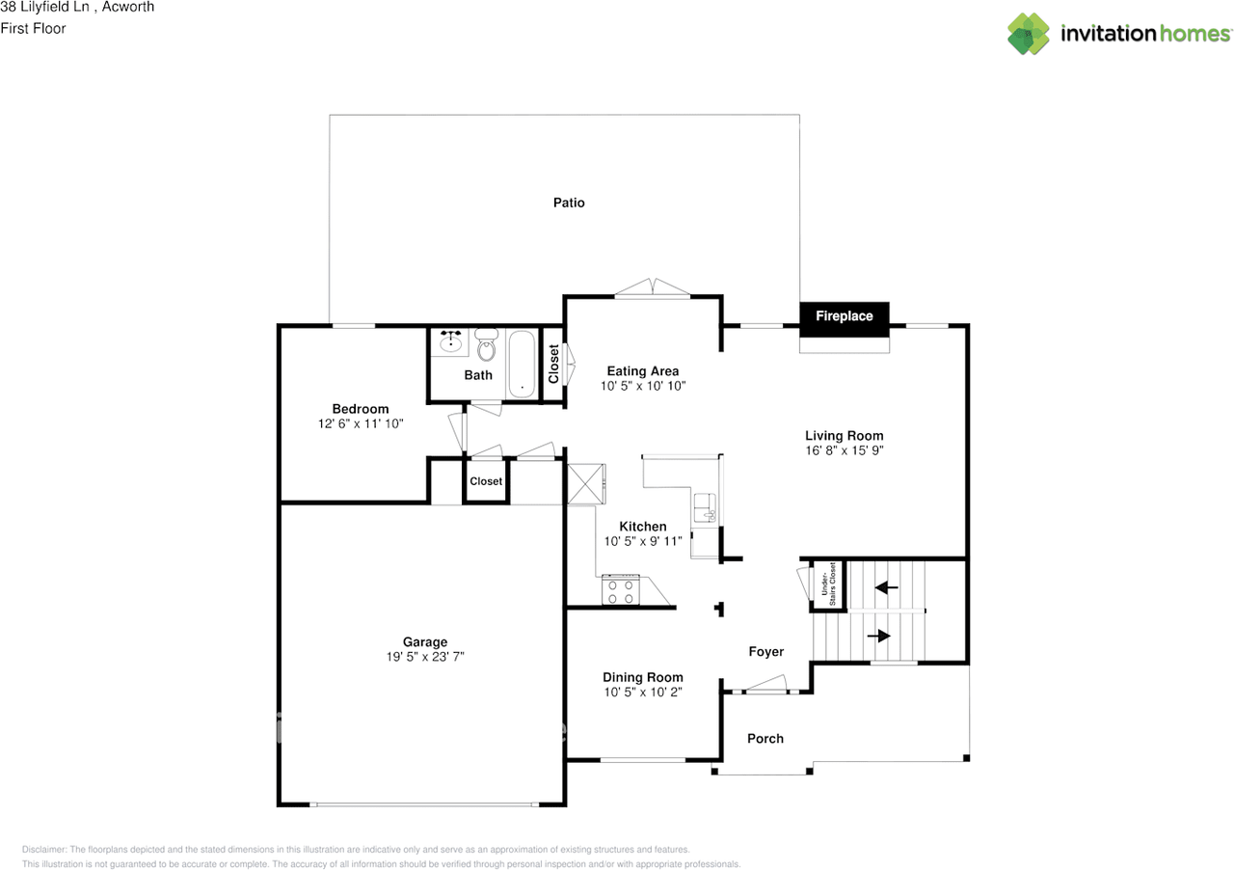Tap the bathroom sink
(x=449, y=340)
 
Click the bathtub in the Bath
(x=523, y=364)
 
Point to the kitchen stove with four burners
(x=621, y=589)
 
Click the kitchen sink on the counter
(x=705, y=507)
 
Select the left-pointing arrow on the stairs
(x=886, y=585)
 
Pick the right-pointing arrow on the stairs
(x=878, y=636)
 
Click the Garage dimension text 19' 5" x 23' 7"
(x=424, y=657)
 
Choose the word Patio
(x=569, y=203)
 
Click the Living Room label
(x=844, y=436)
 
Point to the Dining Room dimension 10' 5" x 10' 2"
(x=642, y=692)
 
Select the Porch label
(x=765, y=739)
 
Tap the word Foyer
(x=766, y=652)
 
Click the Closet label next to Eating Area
(x=553, y=365)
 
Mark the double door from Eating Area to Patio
(x=653, y=288)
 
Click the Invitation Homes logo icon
(x=1030, y=34)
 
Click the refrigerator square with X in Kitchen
(x=585, y=483)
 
